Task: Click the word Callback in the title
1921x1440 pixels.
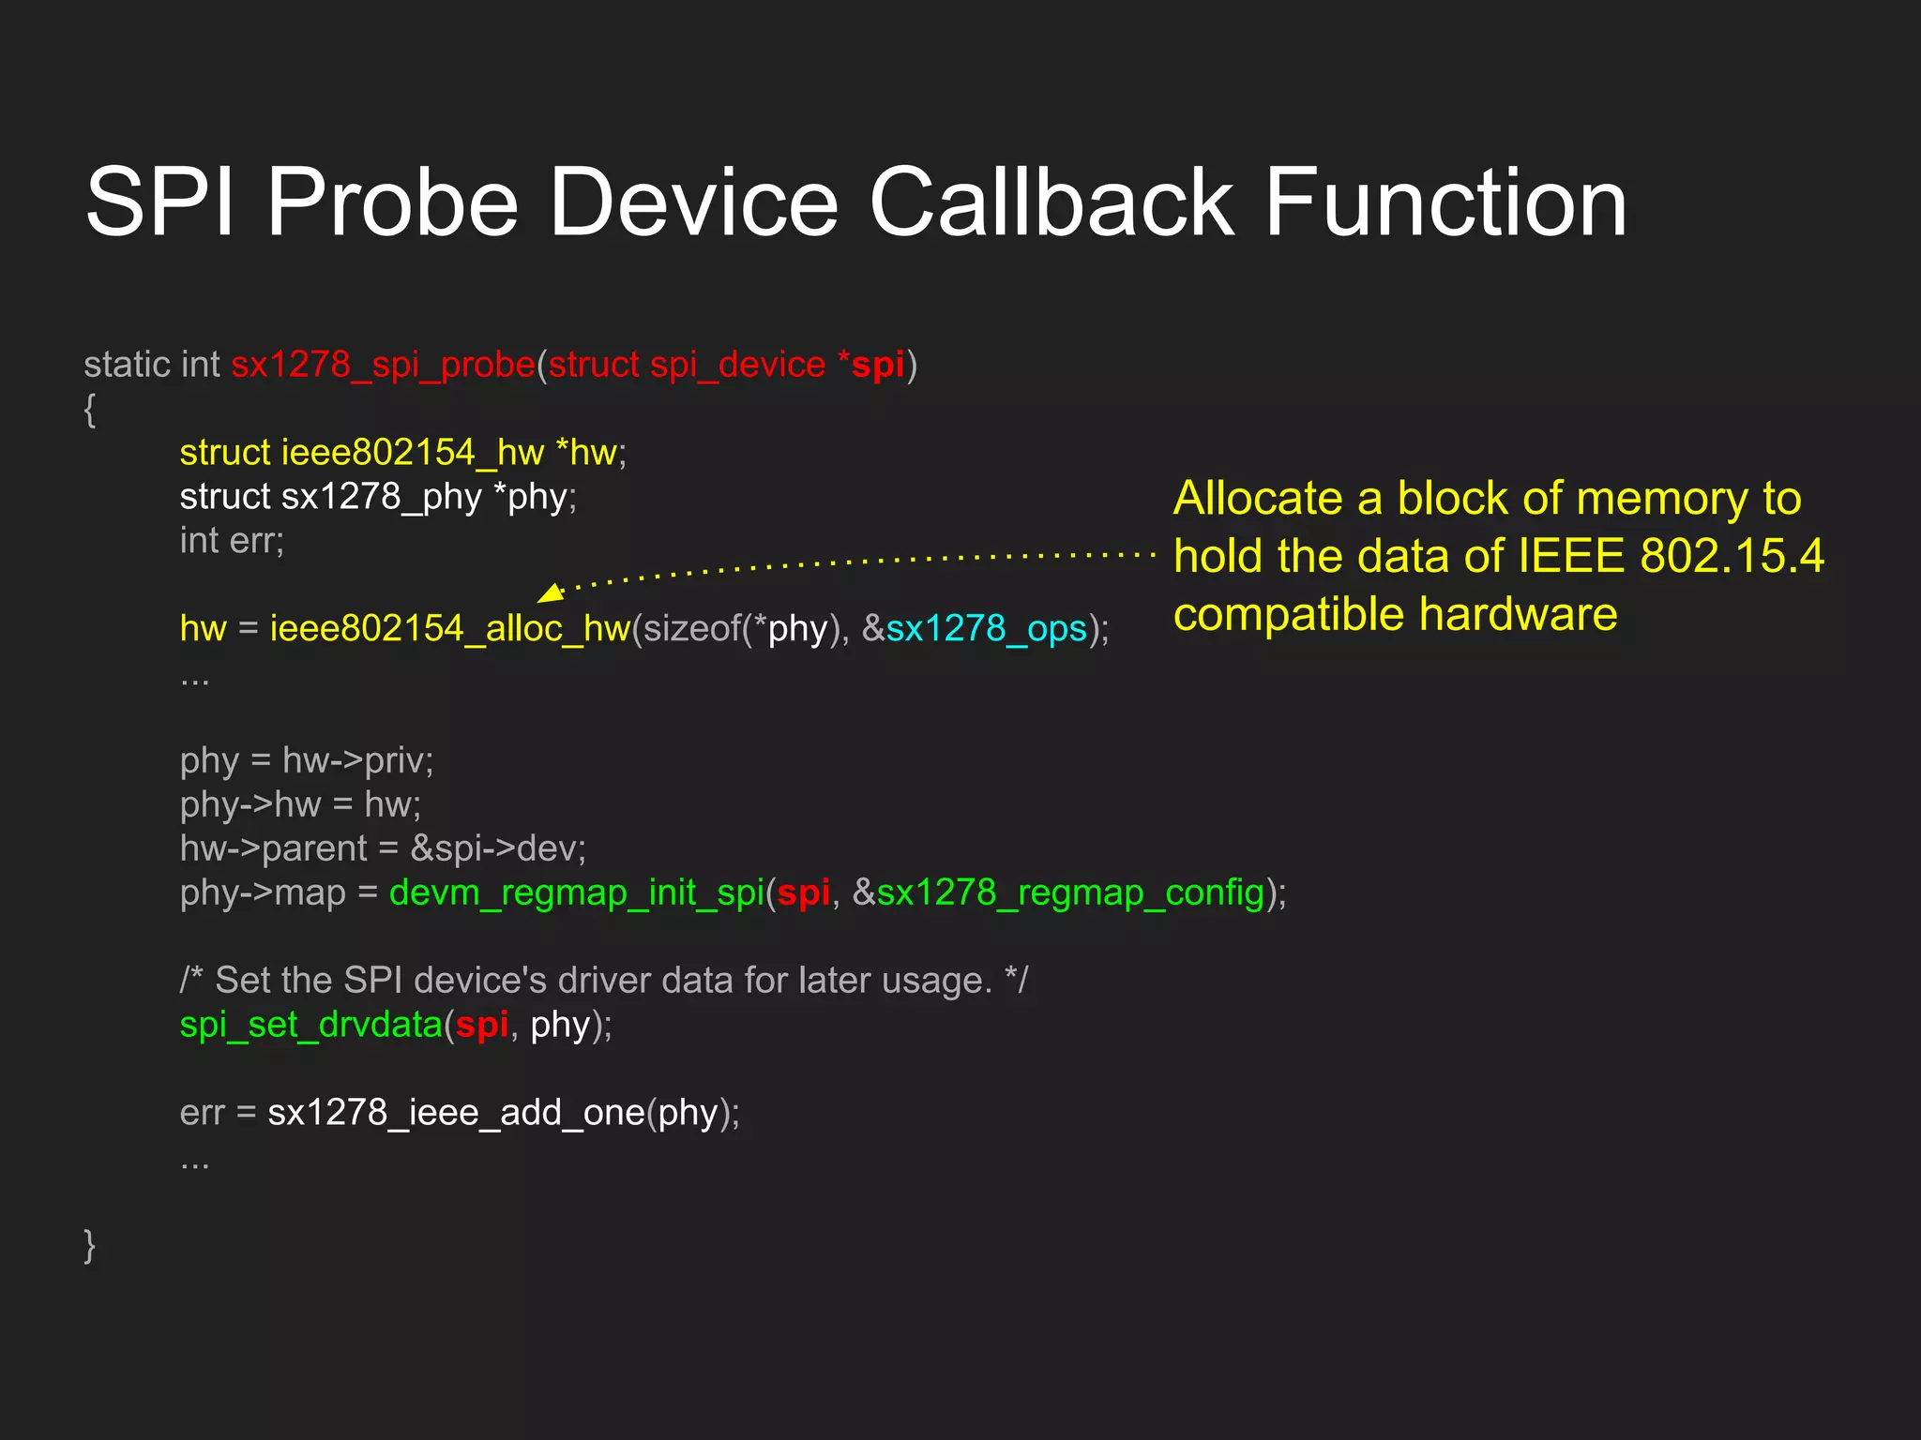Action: click(x=1051, y=202)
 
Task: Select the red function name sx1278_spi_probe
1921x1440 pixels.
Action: click(x=383, y=365)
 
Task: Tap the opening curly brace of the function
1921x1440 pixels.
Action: click(x=90, y=409)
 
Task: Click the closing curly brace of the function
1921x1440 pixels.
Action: click(x=90, y=1245)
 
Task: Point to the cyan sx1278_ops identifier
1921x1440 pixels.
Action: click(x=986, y=628)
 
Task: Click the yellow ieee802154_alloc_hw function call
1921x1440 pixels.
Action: click(x=450, y=628)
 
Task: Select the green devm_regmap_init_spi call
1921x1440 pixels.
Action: click(x=576, y=892)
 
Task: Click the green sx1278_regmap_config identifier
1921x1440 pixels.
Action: click(x=1070, y=892)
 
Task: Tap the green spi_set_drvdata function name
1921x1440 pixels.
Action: click(x=310, y=1025)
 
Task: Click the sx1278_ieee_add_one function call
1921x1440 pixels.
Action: click(x=456, y=1113)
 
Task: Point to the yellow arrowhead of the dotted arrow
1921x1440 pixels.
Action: click(x=551, y=592)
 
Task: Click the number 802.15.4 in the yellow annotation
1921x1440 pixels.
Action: click(x=1732, y=556)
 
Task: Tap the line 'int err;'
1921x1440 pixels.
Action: click(x=232, y=541)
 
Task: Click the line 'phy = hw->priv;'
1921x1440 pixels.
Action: click(x=307, y=760)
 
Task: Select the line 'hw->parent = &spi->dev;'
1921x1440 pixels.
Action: click(x=383, y=848)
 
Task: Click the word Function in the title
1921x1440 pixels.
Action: click(x=1445, y=202)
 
